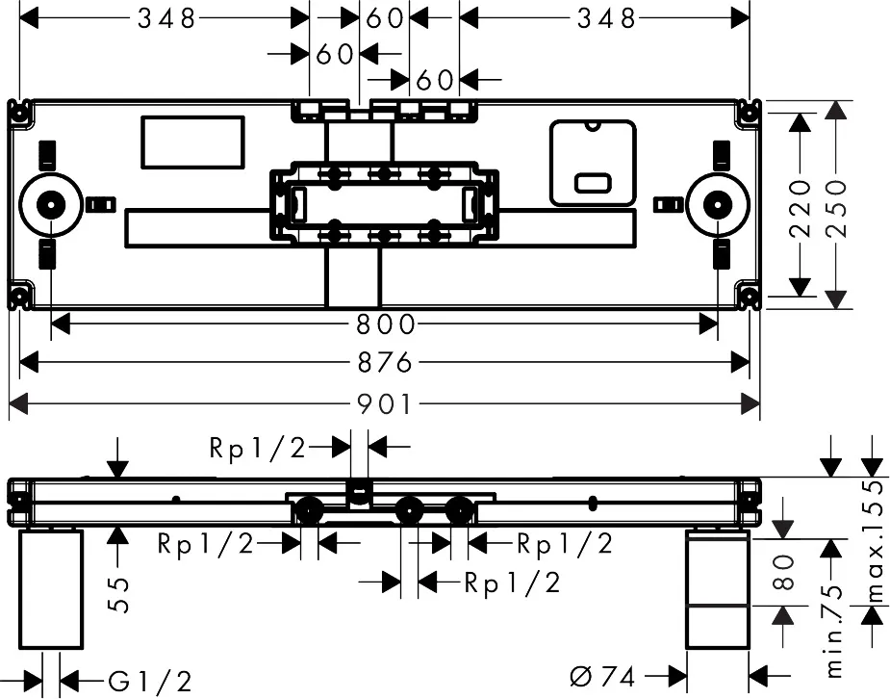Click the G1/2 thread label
(150, 682)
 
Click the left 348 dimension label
(165, 17)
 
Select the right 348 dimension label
(606, 17)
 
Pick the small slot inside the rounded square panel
(591, 182)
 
